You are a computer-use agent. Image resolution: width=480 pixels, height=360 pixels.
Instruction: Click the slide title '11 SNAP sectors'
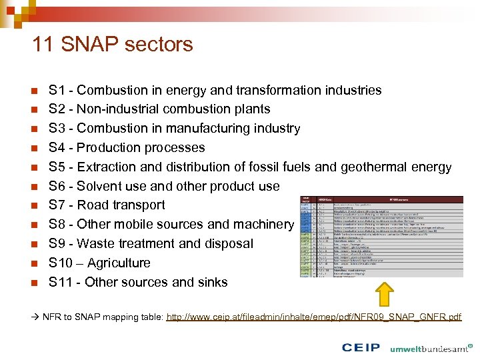pyautogui.click(x=112, y=45)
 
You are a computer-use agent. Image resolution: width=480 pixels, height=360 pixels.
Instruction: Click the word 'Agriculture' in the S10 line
pyautogui.click(x=119, y=263)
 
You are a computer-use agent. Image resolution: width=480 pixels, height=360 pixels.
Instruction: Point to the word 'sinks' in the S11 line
pyautogui.click(x=211, y=282)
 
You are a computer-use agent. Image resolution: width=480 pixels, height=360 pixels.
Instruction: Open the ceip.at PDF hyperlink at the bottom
pyautogui.click(x=313, y=317)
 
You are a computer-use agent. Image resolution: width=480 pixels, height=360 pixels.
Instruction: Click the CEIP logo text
pyautogui.click(x=361, y=347)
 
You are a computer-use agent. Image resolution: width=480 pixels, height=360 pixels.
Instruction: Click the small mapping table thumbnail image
pyautogui.click(x=381, y=236)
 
